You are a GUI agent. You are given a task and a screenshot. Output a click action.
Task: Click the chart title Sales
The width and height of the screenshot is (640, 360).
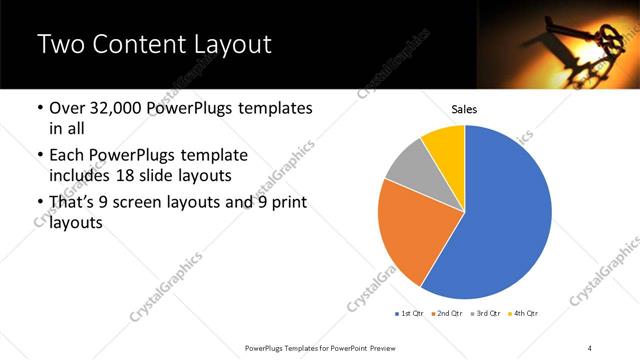(464, 109)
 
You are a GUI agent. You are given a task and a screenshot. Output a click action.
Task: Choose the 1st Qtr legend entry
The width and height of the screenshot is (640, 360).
(410, 314)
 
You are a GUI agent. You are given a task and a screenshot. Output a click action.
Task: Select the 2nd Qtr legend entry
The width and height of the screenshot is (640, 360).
(449, 314)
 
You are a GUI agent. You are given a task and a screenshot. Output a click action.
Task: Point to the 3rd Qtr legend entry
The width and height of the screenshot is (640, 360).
(488, 314)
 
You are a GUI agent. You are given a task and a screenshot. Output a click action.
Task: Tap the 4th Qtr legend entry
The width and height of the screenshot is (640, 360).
(526, 314)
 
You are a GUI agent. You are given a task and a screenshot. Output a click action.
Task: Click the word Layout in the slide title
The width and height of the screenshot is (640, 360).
(232, 44)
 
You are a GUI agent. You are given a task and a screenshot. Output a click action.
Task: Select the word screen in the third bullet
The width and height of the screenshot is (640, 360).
(150, 203)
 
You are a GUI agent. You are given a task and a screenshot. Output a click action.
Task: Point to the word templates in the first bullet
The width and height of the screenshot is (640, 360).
(278, 108)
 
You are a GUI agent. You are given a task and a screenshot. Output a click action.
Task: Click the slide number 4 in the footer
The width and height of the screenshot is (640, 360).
(589, 347)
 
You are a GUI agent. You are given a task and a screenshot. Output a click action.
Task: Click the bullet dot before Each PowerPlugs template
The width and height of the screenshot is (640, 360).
(39, 155)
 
